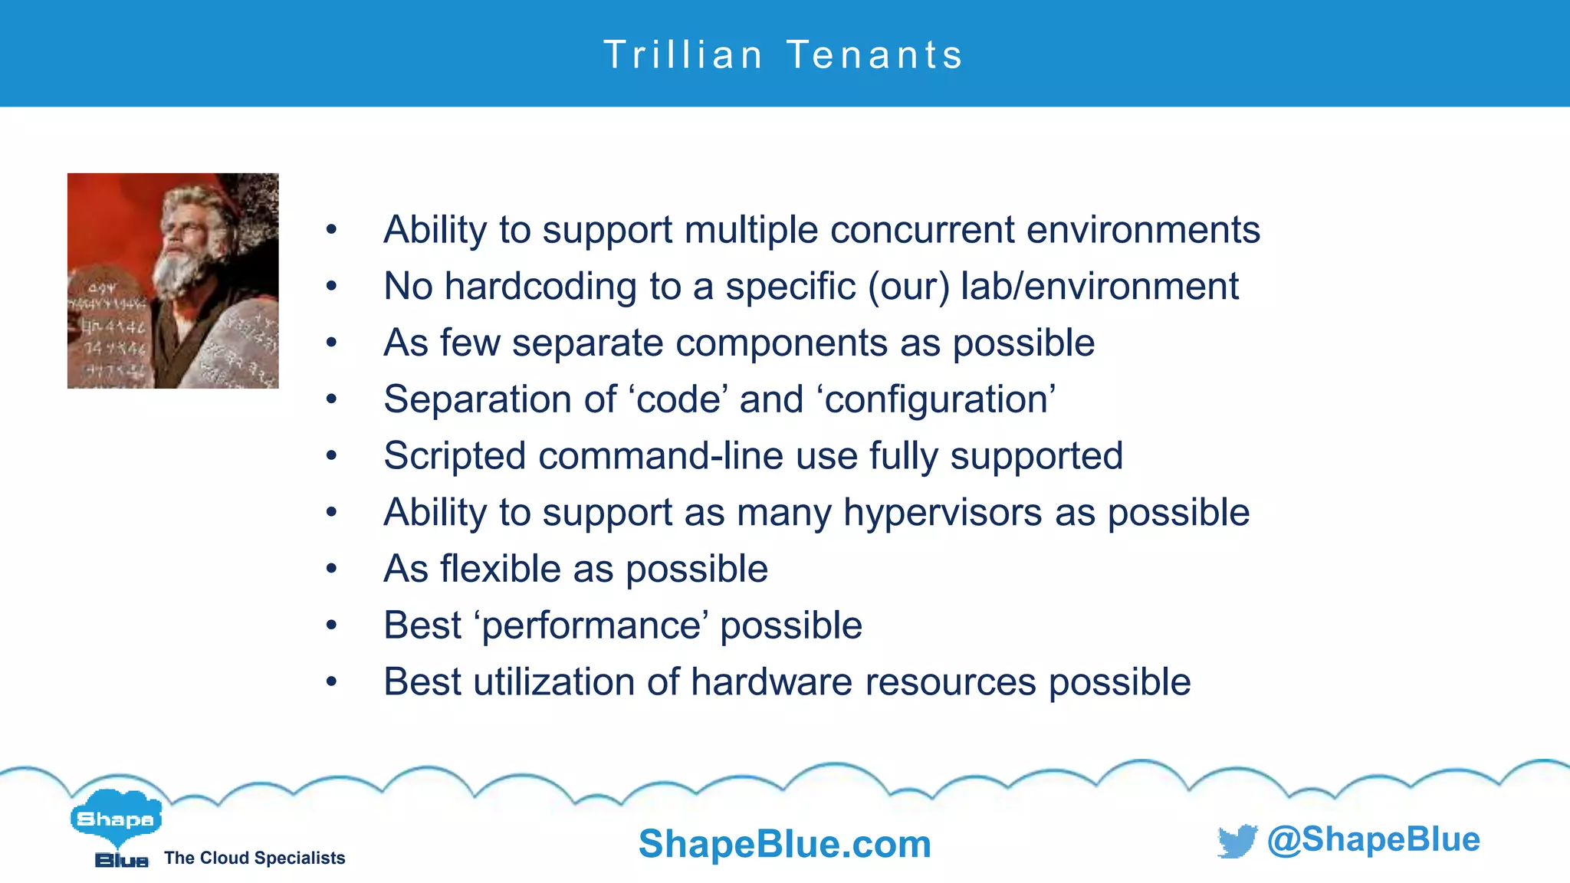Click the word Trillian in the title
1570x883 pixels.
click(x=683, y=55)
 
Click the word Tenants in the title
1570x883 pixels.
click(x=875, y=55)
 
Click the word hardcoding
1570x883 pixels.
click(x=540, y=287)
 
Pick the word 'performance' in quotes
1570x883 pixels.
click(x=591, y=625)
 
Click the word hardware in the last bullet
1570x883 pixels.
click(x=771, y=682)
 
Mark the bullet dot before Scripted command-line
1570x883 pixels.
click(x=331, y=456)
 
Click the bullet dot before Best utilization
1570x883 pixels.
click(x=331, y=682)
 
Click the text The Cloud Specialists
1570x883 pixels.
click(x=255, y=858)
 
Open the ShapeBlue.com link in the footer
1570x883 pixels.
click(x=784, y=844)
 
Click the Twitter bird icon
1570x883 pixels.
click(x=1237, y=841)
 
